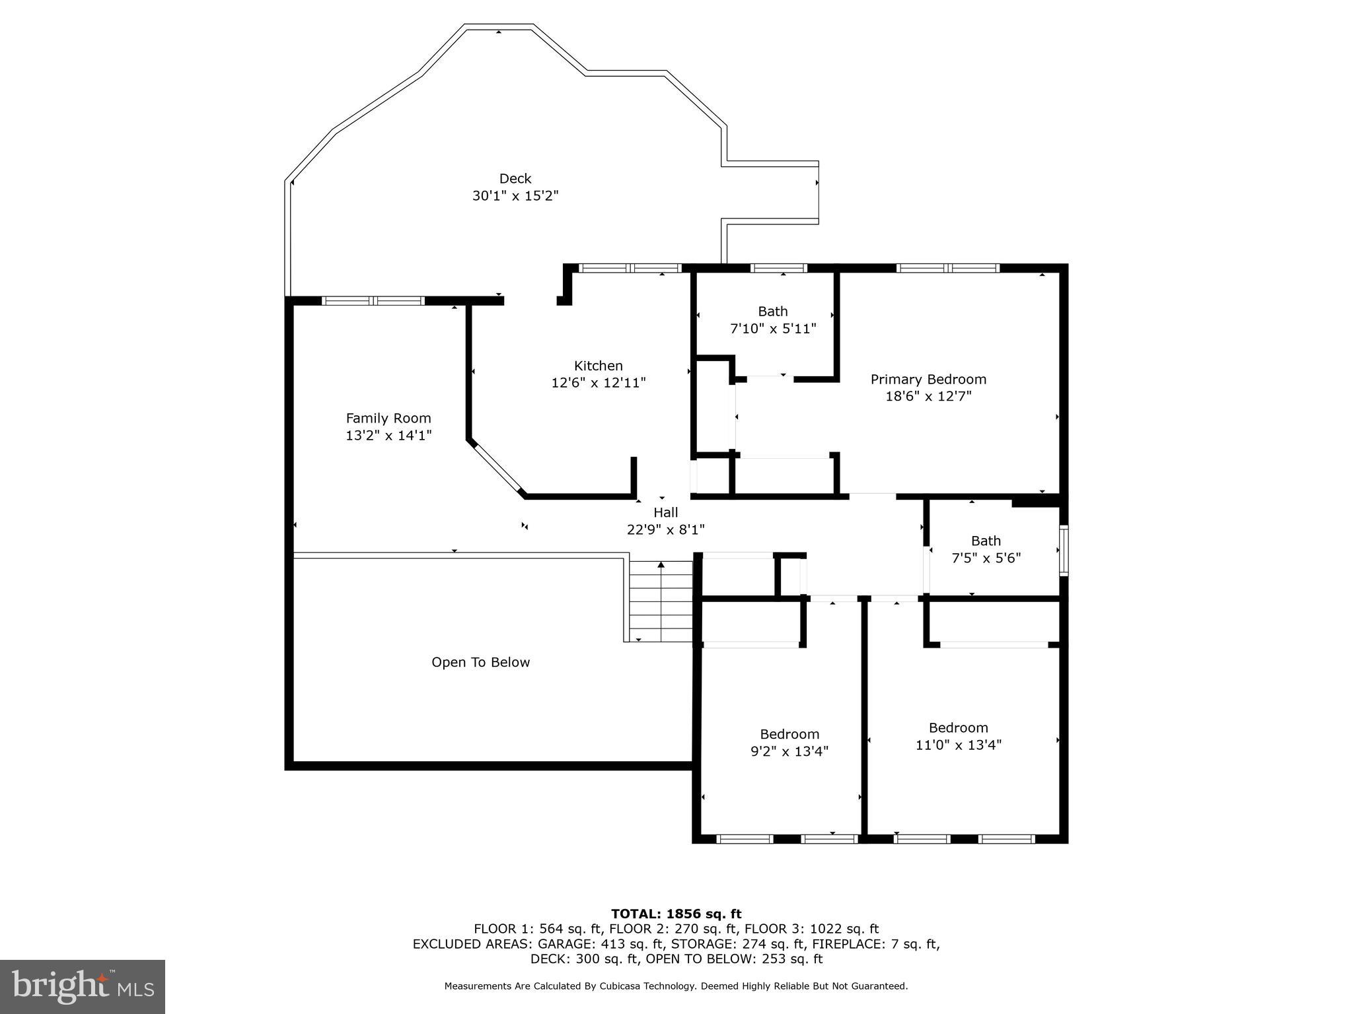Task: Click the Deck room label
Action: tap(515, 178)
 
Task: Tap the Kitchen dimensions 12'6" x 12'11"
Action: tap(598, 383)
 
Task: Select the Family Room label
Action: tap(388, 418)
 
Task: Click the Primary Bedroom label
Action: tap(928, 379)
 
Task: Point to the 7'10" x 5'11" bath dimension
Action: tap(773, 328)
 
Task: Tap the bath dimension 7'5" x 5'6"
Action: tap(986, 558)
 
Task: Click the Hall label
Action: tap(666, 512)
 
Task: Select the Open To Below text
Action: tap(480, 662)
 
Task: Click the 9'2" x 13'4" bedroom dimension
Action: tap(789, 751)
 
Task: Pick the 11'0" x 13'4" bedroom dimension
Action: tap(958, 745)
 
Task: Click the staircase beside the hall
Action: tap(661, 601)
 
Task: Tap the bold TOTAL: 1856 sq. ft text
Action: tap(676, 914)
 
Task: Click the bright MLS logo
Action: tap(83, 986)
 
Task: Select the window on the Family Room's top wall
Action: tap(373, 301)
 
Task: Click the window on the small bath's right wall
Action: tap(1063, 550)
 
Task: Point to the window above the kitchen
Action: tap(629, 268)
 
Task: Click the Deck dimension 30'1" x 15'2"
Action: tap(515, 196)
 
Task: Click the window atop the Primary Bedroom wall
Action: tap(947, 268)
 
